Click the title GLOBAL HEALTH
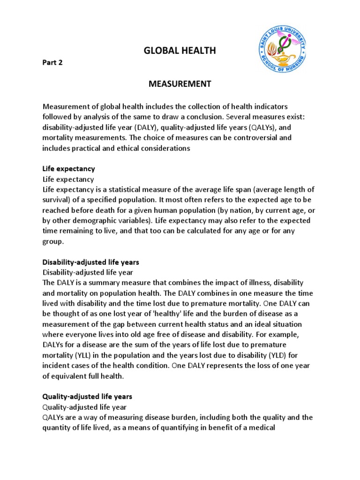tap(180, 51)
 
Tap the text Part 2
tap(52, 63)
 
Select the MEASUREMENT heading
tap(180, 84)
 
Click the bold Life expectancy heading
tap(68, 168)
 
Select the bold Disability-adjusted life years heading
tap(91, 262)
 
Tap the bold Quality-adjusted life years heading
tap(87, 397)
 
